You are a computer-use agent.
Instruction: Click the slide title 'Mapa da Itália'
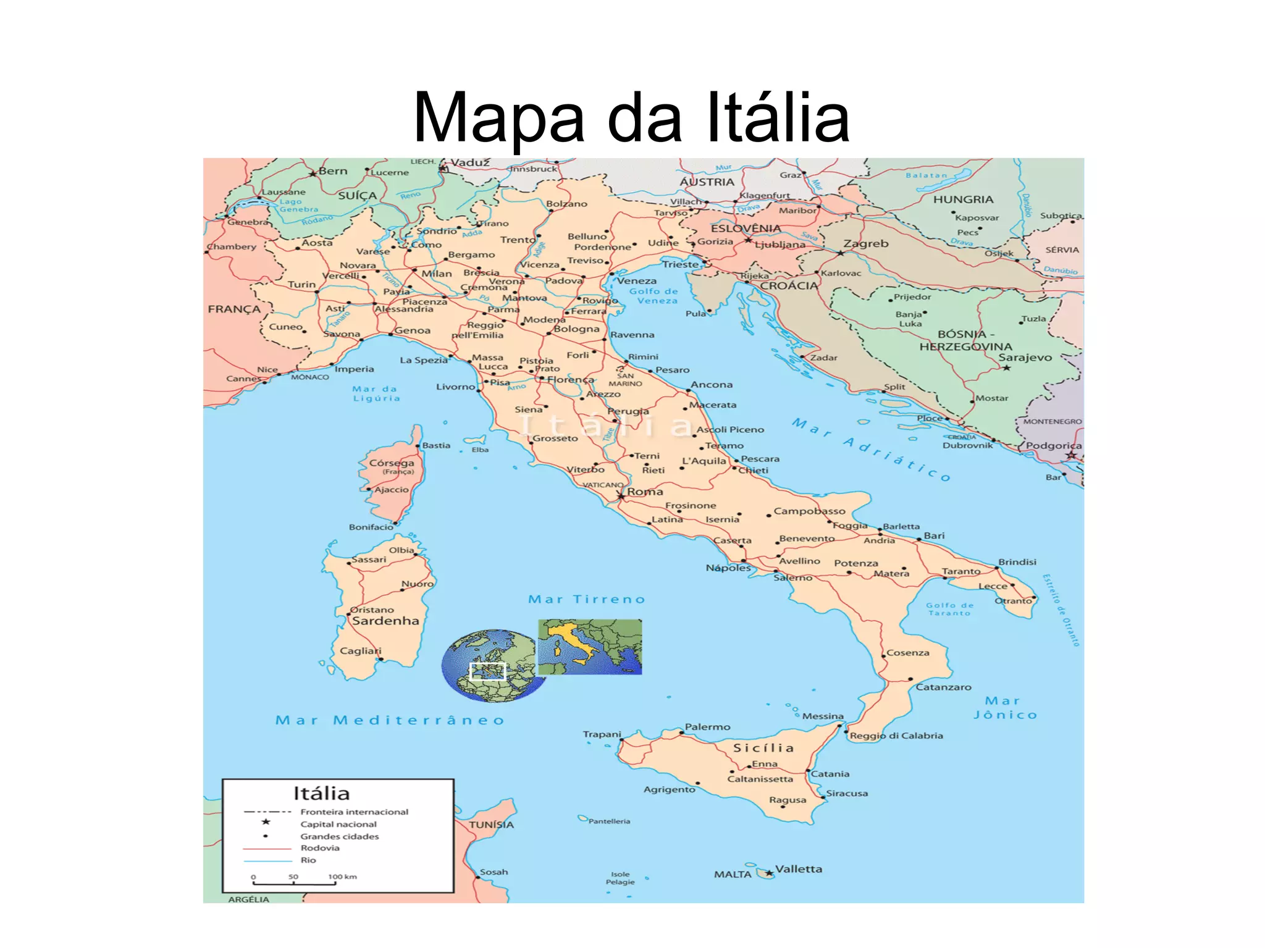tap(631, 117)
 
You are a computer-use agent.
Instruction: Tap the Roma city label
tap(645, 492)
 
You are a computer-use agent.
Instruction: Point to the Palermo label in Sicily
tap(707, 727)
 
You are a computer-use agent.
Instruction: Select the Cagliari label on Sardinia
tap(360, 651)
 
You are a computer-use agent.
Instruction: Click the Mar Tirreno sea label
tap(586, 599)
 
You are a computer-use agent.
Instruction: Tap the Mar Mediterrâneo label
tap(390, 720)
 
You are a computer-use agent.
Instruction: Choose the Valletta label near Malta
tap(799, 869)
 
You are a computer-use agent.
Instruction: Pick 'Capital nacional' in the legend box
tap(338, 824)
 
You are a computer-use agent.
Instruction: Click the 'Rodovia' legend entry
tap(320, 848)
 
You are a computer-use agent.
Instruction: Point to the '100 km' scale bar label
tap(342, 876)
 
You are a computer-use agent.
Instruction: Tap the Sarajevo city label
tap(1025, 357)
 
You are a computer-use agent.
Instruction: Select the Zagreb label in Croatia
tap(865, 243)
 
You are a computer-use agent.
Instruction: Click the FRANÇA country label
tap(234, 309)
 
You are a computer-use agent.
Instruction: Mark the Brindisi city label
tap(1017, 562)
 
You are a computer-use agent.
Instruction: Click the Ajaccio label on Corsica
tap(391, 490)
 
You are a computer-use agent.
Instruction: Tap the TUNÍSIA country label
tap(491, 824)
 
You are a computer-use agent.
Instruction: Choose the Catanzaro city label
tap(943, 687)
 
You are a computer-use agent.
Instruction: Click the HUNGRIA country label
tap(963, 199)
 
